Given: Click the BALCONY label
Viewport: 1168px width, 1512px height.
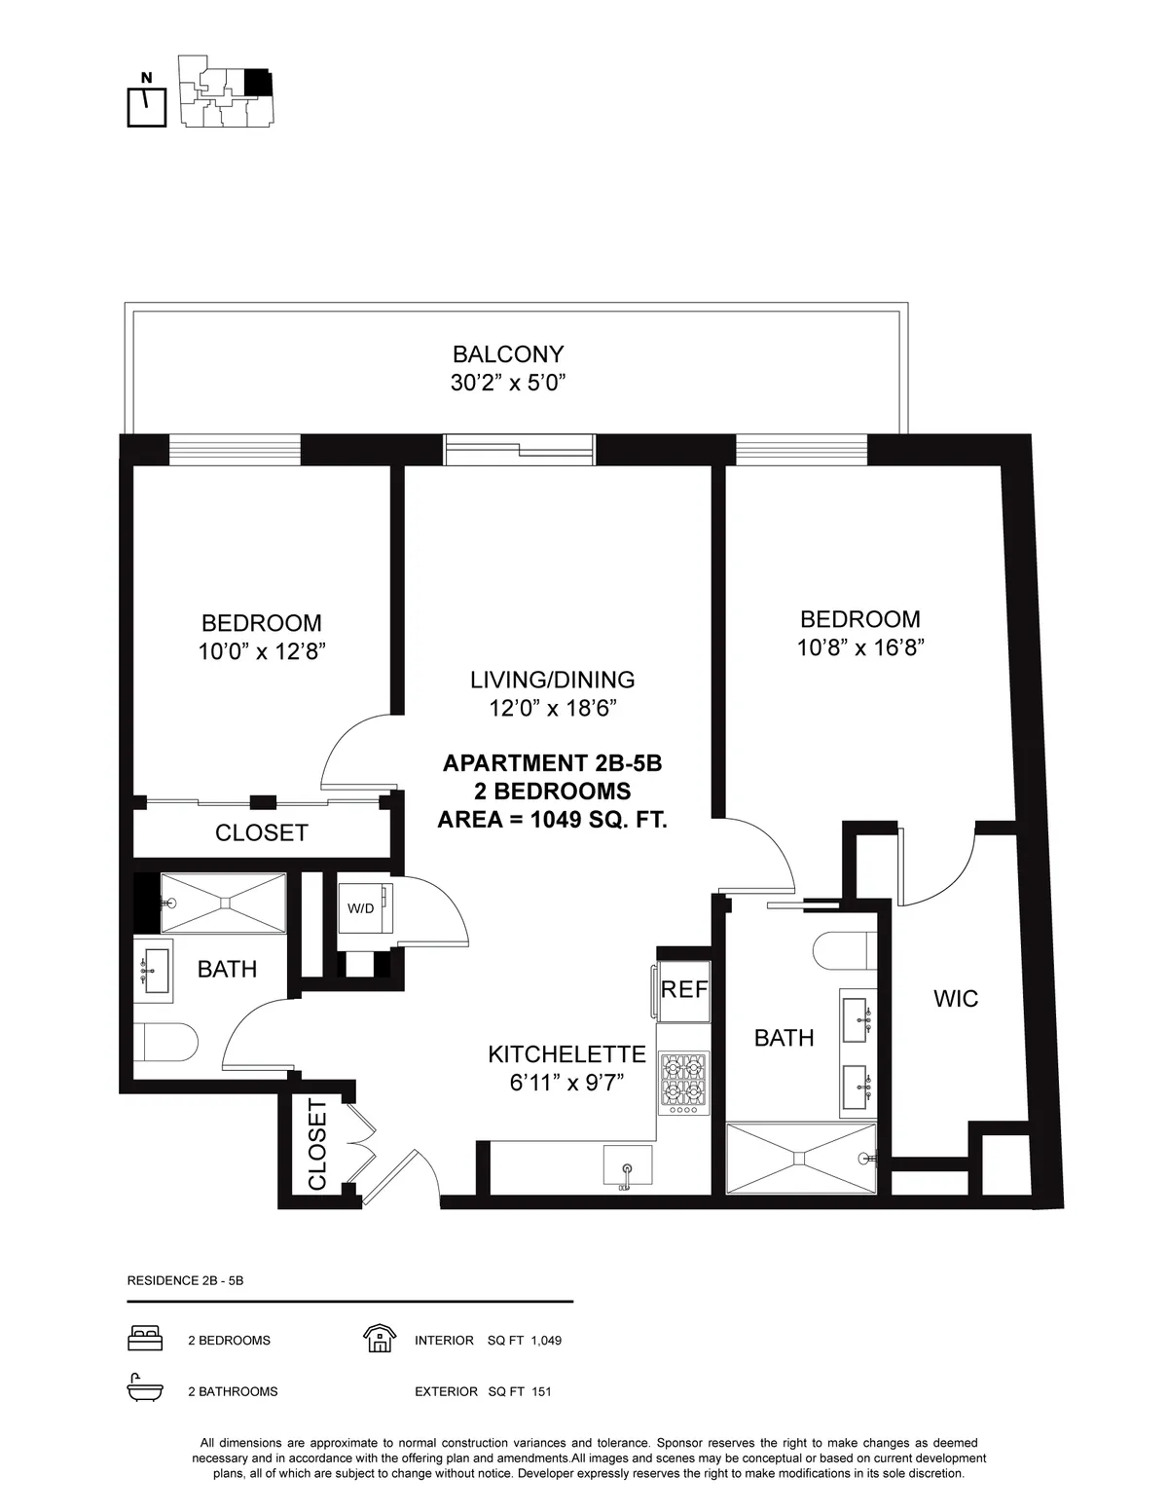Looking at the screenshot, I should tap(508, 354).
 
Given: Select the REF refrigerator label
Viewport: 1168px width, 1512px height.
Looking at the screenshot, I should tap(684, 990).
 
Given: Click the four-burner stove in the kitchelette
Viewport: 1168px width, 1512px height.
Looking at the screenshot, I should tap(683, 1083).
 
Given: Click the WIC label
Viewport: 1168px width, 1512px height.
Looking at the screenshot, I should tap(955, 999).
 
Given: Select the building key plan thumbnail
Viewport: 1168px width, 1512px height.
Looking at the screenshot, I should tap(226, 92).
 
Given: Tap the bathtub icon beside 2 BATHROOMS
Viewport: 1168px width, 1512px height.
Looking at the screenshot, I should tap(145, 1390).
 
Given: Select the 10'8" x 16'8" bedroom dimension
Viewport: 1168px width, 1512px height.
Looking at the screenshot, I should tap(859, 647).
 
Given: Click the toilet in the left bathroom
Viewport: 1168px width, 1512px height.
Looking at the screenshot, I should tap(165, 1044).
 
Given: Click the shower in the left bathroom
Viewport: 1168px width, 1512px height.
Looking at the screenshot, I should tap(223, 903).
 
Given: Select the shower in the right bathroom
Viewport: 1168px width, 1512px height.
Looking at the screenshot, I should tap(801, 1157).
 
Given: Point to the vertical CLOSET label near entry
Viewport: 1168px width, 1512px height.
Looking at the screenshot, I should tap(317, 1145).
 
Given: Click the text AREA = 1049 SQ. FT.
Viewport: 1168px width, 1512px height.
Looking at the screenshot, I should tap(552, 819).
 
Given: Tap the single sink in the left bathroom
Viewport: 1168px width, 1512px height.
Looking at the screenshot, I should tap(153, 970).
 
